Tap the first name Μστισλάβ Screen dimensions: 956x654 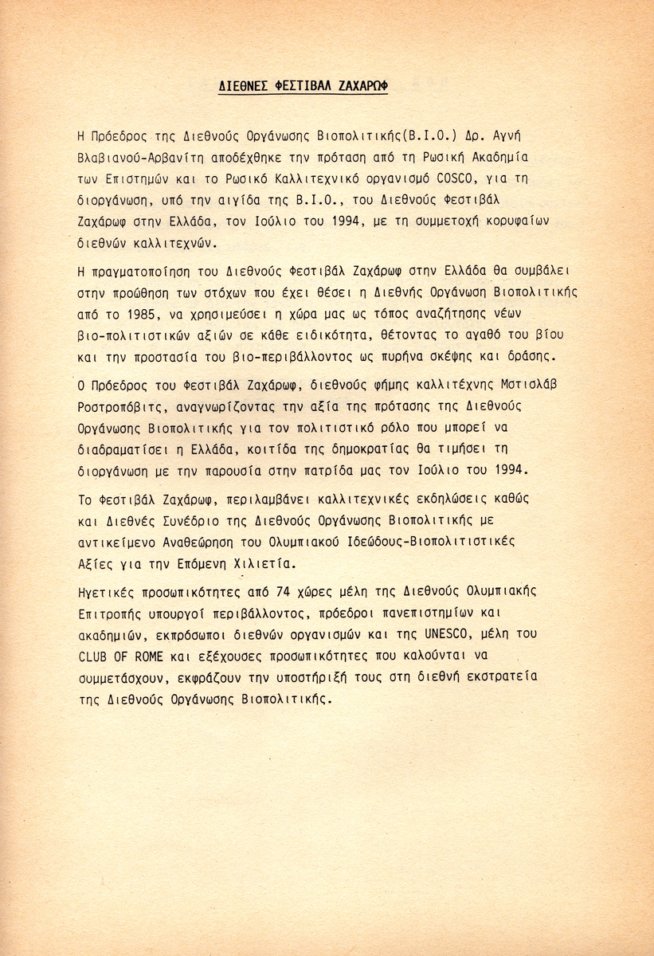(x=527, y=384)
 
